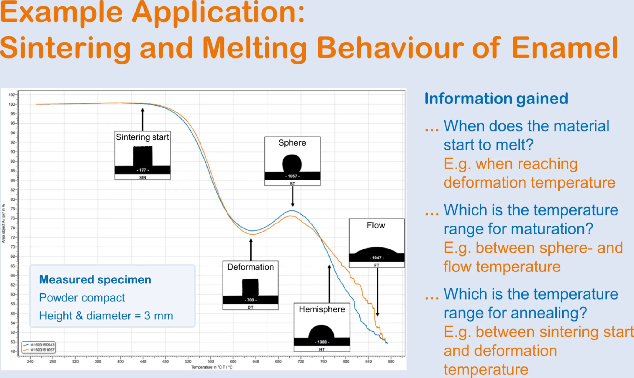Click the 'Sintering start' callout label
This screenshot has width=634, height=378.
[142, 137]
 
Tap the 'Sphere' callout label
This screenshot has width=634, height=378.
[292, 143]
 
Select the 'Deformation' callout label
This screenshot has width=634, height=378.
[250, 267]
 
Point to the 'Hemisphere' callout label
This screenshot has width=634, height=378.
[322, 309]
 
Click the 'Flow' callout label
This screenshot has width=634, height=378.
[376, 225]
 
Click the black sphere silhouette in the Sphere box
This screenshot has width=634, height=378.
[292, 163]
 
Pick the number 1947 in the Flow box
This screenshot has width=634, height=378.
[376, 258]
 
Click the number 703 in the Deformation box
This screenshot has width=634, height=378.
[250, 300]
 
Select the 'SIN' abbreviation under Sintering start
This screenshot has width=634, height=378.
[143, 177]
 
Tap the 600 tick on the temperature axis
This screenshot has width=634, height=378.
[233, 361]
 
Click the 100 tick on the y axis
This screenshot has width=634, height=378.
[12, 104]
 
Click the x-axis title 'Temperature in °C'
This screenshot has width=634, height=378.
[212, 367]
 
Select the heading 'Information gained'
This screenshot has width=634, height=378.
[496, 98]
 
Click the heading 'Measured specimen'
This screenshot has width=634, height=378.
[95, 279]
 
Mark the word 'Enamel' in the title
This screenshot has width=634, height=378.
[564, 48]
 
